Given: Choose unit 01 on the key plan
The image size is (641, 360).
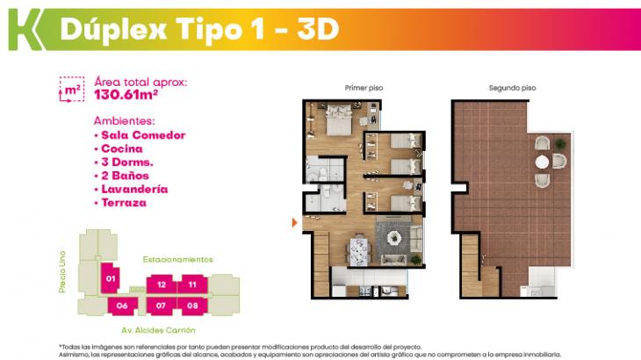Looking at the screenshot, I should [x=111, y=279].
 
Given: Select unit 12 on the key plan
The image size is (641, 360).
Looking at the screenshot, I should [x=162, y=284].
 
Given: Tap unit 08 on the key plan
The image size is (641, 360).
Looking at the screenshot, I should [x=192, y=306].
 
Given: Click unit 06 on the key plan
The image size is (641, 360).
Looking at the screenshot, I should [x=122, y=306].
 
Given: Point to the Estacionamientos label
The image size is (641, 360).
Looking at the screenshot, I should [x=178, y=260].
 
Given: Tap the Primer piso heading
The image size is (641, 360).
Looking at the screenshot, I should [x=364, y=88].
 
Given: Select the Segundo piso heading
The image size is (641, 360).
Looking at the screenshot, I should [x=513, y=88].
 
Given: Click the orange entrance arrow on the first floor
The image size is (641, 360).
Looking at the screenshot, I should [x=295, y=223].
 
